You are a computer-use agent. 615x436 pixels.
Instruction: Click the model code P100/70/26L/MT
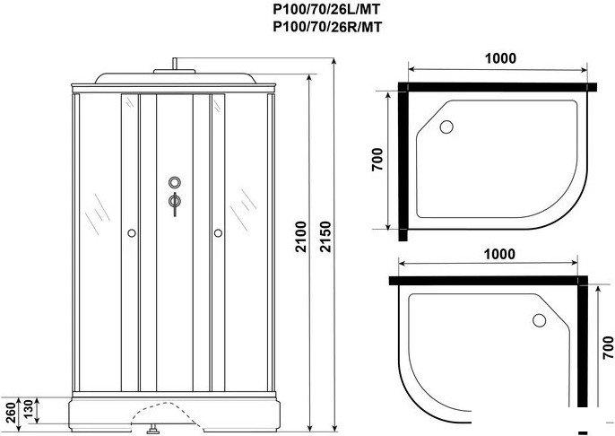(x=326, y=9)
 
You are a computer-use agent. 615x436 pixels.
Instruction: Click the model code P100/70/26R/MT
(x=327, y=27)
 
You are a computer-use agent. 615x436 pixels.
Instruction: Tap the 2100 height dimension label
(x=301, y=237)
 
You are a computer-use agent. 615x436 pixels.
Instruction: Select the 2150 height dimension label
(x=325, y=237)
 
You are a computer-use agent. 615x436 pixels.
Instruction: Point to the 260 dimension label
(x=11, y=412)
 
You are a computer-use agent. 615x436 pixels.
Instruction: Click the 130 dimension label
(x=29, y=409)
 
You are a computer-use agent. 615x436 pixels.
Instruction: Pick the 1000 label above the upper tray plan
(x=500, y=58)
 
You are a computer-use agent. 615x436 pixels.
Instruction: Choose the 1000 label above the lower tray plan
(x=499, y=254)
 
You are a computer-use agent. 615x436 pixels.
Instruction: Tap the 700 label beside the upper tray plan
(x=377, y=160)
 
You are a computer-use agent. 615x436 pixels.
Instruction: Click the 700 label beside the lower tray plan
(x=609, y=347)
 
